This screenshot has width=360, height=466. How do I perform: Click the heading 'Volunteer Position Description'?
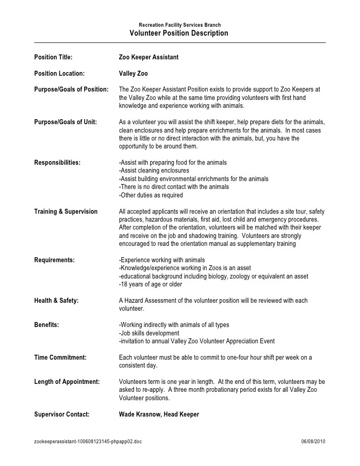(x=179, y=34)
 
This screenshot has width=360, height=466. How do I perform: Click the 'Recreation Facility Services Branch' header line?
(x=180, y=25)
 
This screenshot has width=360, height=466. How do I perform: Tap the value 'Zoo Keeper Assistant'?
(x=149, y=57)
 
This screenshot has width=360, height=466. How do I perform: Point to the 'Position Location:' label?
(x=59, y=74)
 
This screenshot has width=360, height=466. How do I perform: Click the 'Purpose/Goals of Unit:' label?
(x=65, y=122)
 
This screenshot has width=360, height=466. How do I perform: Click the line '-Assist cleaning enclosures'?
(x=154, y=171)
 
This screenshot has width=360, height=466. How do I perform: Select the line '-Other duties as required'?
(x=151, y=195)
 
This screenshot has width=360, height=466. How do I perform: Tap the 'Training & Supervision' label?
(x=66, y=212)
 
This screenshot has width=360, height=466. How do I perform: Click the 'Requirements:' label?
(x=54, y=260)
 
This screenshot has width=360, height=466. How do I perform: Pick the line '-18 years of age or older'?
(x=151, y=284)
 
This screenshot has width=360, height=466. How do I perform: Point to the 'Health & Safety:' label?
(x=56, y=301)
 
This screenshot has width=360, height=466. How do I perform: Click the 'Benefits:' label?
(x=46, y=325)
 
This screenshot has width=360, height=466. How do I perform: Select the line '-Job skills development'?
(x=149, y=333)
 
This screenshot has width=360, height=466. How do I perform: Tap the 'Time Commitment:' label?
(x=60, y=357)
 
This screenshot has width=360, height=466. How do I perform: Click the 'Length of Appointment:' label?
(x=67, y=382)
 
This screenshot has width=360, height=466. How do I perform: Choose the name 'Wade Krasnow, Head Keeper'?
(x=159, y=415)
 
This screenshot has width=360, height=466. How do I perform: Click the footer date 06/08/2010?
(x=314, y=441)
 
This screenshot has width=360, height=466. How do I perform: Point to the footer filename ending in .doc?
(x=88, y=441)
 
